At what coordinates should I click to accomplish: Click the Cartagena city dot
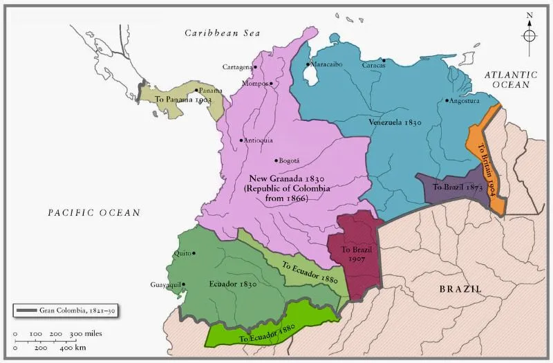pos(255,67)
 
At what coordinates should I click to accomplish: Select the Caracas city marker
pos(384,61)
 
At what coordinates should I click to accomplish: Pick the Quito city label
pos(183,252)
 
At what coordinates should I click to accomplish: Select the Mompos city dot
pos(271,84)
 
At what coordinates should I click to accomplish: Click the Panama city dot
pos(196,90)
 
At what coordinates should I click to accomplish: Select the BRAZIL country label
pos(460,289)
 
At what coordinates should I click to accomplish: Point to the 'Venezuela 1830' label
pos(394,122)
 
